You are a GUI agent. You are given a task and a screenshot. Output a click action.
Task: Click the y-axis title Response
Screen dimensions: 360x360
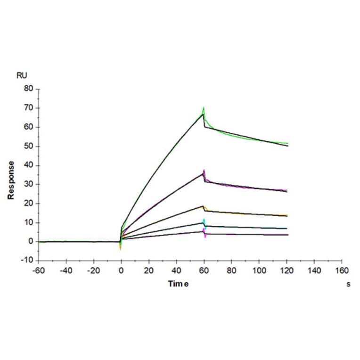(11, 180)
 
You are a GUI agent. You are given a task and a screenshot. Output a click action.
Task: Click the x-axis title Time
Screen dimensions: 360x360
(179, 284)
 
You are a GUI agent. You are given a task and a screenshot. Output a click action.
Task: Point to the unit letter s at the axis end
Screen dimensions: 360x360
(348, 284)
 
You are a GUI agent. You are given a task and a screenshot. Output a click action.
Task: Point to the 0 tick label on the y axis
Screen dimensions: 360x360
(31, 242)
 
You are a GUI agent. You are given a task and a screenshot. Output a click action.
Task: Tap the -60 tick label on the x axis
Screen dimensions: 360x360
(39, 270)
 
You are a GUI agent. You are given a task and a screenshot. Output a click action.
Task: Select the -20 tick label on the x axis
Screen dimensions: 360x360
(93, 270)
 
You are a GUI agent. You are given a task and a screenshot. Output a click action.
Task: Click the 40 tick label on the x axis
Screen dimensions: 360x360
(176, 270)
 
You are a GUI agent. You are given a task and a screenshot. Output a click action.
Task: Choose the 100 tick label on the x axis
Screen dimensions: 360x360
(259, 270)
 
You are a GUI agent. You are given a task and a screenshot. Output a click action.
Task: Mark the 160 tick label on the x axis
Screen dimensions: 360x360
(342, 270)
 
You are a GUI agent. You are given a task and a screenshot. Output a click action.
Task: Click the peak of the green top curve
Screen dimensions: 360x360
(204, 108)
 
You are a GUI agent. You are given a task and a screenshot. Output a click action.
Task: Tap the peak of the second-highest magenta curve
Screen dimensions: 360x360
(204, 170)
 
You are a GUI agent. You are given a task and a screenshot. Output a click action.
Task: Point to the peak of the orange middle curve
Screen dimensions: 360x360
(203, 206)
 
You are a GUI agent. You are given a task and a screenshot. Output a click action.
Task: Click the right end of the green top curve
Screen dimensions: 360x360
(287, 143)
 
